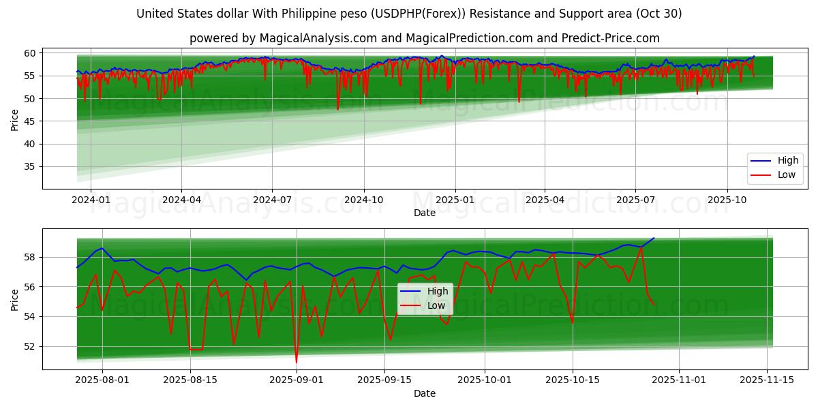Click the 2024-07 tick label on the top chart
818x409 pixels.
coord(272,200)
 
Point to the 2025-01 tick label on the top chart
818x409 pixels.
coord(454,200)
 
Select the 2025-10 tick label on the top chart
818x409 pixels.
coord(727,200)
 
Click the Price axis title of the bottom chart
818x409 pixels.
coord(15,299)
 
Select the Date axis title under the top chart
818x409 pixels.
coord(424,213)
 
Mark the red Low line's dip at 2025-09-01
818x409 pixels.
coord(297,361)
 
